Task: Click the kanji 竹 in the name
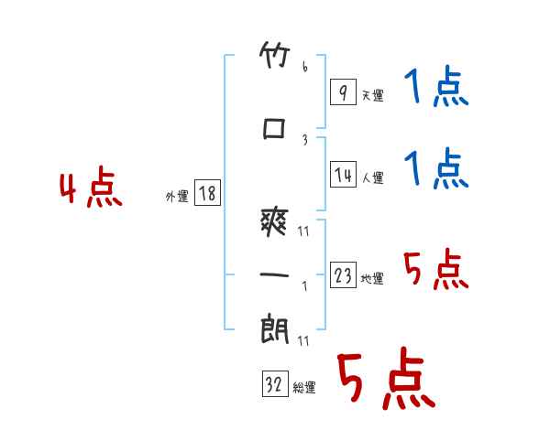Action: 275,55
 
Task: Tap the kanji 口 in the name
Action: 274,128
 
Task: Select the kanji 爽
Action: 274,222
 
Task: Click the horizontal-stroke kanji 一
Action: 274,274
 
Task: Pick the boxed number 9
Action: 343,91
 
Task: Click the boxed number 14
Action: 343,174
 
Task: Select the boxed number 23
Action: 343,274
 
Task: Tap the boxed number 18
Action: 207,193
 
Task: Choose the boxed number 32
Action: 275,383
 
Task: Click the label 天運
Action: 373,95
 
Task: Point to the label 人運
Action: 373,177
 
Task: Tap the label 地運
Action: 372,278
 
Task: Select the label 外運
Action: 177,197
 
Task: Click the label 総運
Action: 304,388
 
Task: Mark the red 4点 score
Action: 91,187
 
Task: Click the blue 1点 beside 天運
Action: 436,86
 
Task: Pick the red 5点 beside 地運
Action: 436,269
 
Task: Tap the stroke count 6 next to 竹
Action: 305,66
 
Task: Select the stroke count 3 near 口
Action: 305,140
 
